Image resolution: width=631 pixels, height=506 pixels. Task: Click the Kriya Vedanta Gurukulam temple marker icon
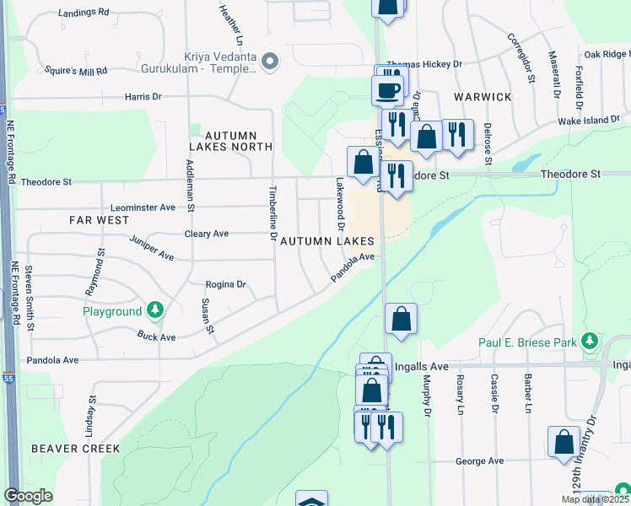[x=270, y=61]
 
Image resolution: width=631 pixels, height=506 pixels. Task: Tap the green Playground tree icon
[x=154, y=311]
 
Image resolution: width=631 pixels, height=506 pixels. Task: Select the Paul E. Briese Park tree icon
[x=590, y=342]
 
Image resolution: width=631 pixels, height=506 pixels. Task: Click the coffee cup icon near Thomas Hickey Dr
[x=389, y=90]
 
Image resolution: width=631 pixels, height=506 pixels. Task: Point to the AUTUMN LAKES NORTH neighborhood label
[x=228, y=140]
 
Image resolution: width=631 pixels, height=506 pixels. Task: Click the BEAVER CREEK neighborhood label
[x=76, y=449]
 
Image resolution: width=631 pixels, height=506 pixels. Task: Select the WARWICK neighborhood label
[x=483, y=97]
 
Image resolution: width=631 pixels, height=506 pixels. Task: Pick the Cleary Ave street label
[x=207, y=234]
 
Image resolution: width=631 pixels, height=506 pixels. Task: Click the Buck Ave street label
[x=157, y=336]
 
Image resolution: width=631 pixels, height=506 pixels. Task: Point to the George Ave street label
[x=479, y=461]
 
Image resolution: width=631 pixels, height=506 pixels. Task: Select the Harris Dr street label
[x=143, y=97]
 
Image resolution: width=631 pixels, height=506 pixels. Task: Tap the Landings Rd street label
[x=85, y=13]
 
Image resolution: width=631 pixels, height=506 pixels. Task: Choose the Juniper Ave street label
[x=152, y=248]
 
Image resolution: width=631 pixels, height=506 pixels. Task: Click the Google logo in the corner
[x=28, y=496]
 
